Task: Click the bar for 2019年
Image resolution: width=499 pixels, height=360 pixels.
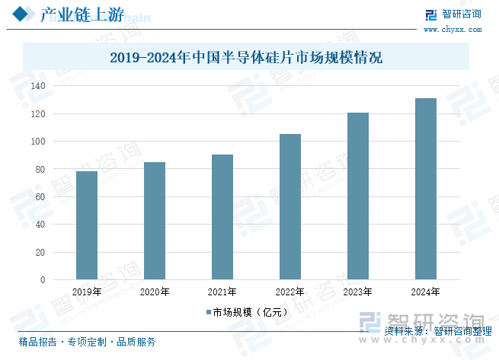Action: [87, 225]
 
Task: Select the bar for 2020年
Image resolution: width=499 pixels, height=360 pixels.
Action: [155, 221]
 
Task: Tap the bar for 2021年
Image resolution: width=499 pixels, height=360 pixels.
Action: [222, 217]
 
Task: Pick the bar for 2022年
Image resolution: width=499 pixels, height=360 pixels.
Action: [290, 206]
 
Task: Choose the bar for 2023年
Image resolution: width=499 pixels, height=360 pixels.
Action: [358, 196]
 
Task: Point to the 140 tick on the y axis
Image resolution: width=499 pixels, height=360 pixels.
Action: [39, 86]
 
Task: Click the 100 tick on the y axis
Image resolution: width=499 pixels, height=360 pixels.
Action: [39, 142]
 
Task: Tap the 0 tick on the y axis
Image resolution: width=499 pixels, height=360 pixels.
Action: [43, 279]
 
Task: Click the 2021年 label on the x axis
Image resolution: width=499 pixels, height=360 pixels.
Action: [222, 292]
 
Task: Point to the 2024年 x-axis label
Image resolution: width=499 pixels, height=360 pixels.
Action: [426, 292]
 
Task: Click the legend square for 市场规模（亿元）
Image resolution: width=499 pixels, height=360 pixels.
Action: [207, 312]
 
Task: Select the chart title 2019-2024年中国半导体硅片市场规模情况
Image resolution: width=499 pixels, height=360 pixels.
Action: [245, 57]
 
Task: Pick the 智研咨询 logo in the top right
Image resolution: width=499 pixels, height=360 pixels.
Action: [453, 14]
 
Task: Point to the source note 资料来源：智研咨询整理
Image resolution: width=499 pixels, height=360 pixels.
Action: [437, 330]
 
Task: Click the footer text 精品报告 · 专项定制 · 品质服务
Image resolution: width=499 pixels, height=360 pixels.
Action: [87, 342]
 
